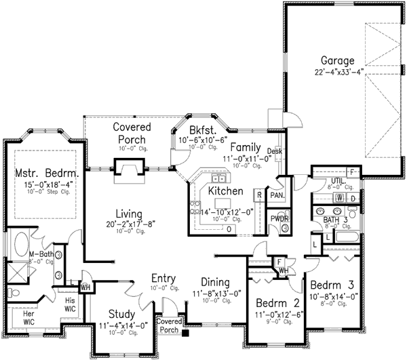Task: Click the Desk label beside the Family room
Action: click(x=275, y=151)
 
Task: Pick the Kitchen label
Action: click(x=225, y=192)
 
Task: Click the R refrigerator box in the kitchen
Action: click(x=259, y=195)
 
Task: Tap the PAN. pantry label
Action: click(x=277, y=195)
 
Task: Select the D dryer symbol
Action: click(x=353, y=198)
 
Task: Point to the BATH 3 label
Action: click(x=336, y=220)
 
